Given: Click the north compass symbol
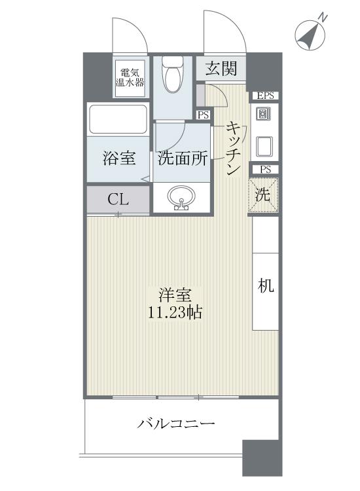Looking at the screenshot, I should pyautogui.click(x=311, y=35).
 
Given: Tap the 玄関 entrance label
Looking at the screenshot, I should pyautogui.click(x=221, y=68).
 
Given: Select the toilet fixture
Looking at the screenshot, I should pyautogui.click(x=173, y=76).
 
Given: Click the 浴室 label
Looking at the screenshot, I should pyautogui.click(x=119, y=158).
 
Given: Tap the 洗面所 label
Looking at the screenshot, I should pyautogui.click(x=183, y=158).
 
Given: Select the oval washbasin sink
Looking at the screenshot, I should pyautogui.click(x=182, y=198).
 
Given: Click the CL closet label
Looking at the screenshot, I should pyautogui.click(x=118, y=200).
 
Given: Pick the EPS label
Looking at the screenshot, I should pyautogui.click(x=264, y=96).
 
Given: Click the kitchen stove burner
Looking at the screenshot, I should pyautogui.click(x=264, y=115).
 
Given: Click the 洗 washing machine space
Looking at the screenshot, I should pyautogui.click(x=263, y=194).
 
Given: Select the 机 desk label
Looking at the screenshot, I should pyautogui.click(x=264, y=286).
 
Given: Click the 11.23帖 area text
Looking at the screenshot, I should pyautogui.click(x=175, y=312).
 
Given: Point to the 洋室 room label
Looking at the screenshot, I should pyautogui.click(x=175, y=295).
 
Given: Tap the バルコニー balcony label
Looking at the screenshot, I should pyautogui.click(x=176, y=424).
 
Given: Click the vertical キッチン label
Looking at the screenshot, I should pyautogui.click(x=233, y=147).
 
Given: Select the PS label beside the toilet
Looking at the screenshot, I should pyautogui.click(x=204, y=115).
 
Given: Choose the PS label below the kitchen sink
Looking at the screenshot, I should pyautogui.click(x=264, y=170).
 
